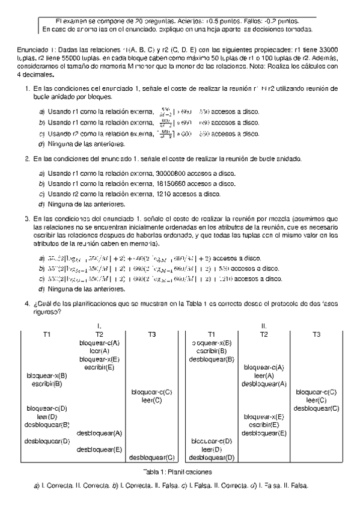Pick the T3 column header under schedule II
[318, 334]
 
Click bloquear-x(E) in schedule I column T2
[99, 358]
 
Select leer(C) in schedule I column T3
[152, 400]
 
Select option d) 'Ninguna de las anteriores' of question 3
[87, 289]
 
